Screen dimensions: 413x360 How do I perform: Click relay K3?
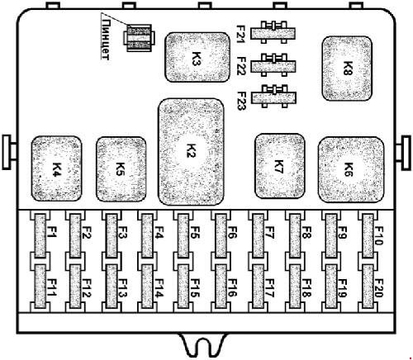coord(197,57)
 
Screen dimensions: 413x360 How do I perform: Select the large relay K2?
coord(191,152)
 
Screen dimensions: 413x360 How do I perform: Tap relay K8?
coord(347,69)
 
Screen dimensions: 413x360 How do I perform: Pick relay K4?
coord(57,168)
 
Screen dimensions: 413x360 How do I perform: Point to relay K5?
coord(121,169)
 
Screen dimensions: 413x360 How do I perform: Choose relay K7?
coord(280,166)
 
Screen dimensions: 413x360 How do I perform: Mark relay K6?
coord(351,169)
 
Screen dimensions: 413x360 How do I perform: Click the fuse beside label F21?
coord(273,33)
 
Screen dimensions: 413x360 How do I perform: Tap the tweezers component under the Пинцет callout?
coord(139,38)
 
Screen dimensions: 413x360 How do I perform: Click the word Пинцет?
coord(105,40)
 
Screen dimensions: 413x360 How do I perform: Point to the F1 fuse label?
coord(52,232)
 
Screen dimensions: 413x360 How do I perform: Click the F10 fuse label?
coord(379,235)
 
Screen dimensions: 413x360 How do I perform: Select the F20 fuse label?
coord(379,288)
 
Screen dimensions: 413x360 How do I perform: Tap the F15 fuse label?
coord(195,288)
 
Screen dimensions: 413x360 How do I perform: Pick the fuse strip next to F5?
coord(183,236)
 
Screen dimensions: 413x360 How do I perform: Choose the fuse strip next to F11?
coord(40,287)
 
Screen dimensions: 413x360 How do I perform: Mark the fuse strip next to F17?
coord(258,287)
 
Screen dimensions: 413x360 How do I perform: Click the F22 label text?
coord(241,66)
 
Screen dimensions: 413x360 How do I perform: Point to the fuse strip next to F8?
coord(295,236)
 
